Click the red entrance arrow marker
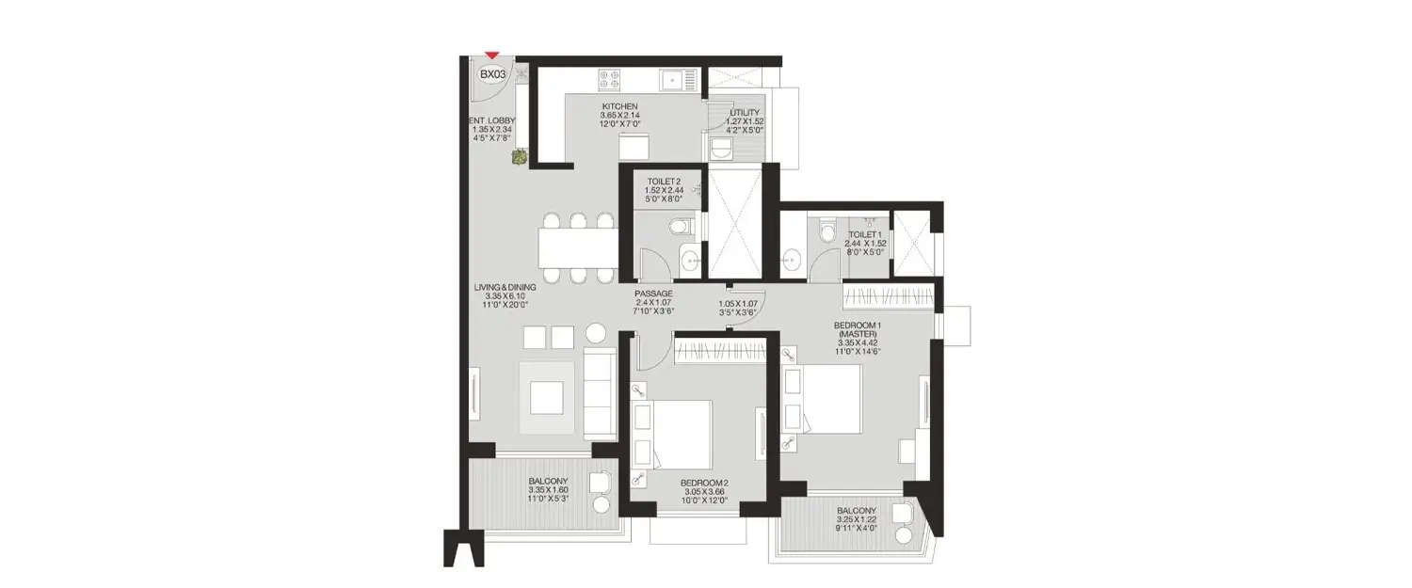[x=490, y=56]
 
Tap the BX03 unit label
[x=491, y=74]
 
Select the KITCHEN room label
[x=620, y=106]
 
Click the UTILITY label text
[x=744, y=113]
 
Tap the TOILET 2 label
[x=663, y=181]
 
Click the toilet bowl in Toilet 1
[x=827, y=230]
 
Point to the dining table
[x=577, y=247]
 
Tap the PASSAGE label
[x=652, y=294]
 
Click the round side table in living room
[x=597, y=333]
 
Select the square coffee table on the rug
[x=546, y=397]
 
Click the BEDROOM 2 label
[x=704, y=484]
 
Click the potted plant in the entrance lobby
[x=519, y=159]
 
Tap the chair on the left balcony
[x=600, y=484]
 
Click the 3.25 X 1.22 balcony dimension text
[x=857, y=520]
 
